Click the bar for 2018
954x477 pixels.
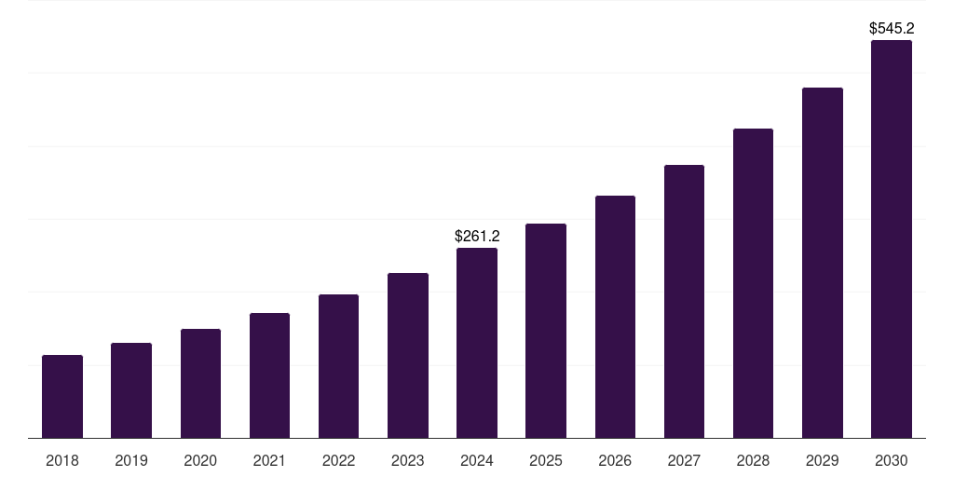coord(62,396)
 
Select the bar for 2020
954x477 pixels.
coord(200,383)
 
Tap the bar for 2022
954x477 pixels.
coord(338,366)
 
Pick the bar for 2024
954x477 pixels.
coord(477,343)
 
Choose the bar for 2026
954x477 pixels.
coord(615,317)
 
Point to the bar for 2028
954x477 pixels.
coord(753,283)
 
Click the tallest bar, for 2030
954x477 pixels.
coord(891,238)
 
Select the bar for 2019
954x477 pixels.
coord(131,390)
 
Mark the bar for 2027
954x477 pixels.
coord(684,301)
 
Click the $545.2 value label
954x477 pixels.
coord(892,29)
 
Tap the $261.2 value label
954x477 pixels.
coord(477,237)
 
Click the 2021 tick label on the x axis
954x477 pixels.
coord(269,460)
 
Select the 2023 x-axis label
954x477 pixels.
coord(408,460)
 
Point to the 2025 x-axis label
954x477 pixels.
coord(546,460)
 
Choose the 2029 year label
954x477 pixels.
coord(822,460)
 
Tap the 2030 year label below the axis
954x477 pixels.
coord(891,460)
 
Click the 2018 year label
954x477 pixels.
coord(62,460)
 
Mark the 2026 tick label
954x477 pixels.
coord(615,460)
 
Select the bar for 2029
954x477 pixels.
coord(822,263)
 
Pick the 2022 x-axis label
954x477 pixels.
coord(338,460)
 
